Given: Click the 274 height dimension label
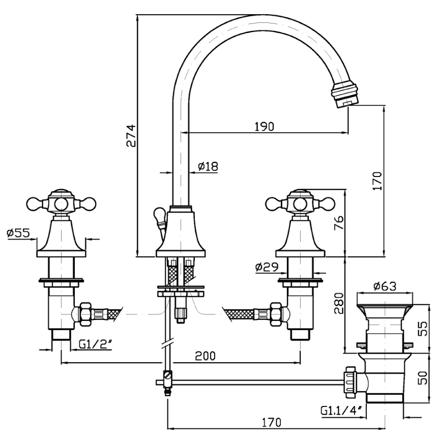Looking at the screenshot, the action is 131,136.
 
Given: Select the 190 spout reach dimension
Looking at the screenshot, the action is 264,127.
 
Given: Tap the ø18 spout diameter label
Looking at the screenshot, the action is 208,166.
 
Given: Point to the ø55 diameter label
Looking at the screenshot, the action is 18,232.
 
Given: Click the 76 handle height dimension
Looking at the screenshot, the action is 339,223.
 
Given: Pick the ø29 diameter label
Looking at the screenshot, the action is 267,267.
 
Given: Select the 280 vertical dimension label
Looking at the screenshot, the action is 339,303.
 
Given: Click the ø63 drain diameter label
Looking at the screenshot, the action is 385,286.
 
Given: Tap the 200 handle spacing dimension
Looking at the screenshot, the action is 205,356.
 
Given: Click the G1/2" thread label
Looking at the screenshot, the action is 96,344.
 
